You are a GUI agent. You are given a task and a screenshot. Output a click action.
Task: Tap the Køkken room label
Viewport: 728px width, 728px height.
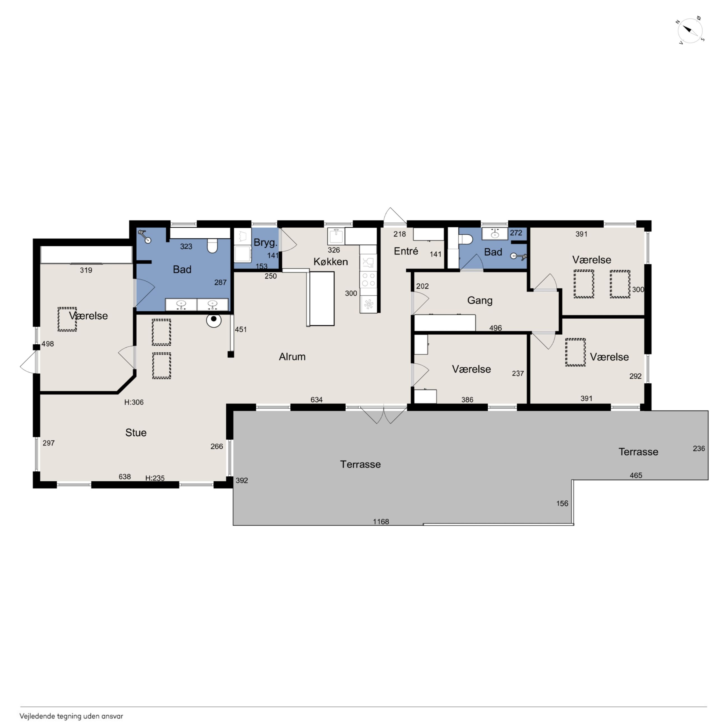(330, 262)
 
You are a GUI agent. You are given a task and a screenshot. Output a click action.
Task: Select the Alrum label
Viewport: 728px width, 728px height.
(292, 356)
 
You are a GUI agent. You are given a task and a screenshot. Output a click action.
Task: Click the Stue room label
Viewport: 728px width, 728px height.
(136, 432)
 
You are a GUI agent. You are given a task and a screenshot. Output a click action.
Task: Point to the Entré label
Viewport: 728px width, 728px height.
(406, 251)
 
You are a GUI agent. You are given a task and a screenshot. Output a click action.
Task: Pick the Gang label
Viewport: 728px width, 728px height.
(480, 300)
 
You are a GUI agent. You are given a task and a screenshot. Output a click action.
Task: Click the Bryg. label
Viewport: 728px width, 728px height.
(265, 242)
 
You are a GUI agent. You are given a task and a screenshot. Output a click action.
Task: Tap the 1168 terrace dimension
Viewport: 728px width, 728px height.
(381, 522)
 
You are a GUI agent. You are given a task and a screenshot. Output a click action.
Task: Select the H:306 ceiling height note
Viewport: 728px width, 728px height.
(134, 402)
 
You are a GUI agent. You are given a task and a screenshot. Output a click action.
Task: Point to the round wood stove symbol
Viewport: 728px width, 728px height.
(214, 320)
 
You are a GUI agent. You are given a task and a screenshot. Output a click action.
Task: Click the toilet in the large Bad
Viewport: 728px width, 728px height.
(212, 246)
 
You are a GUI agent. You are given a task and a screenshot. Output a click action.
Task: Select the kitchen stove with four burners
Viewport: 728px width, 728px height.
(368, 280)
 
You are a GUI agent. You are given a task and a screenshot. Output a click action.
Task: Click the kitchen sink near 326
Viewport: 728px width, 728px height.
(336, 236)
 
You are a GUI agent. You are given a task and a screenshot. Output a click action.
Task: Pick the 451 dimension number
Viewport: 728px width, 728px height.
(241, 329)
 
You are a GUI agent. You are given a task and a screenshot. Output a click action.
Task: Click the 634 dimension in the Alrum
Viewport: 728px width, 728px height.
(316, 400)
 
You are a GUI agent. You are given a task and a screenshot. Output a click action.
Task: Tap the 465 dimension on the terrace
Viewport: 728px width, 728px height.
(636, 475)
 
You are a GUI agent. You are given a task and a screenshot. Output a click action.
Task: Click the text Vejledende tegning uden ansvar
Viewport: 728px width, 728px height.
(71, 716)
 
